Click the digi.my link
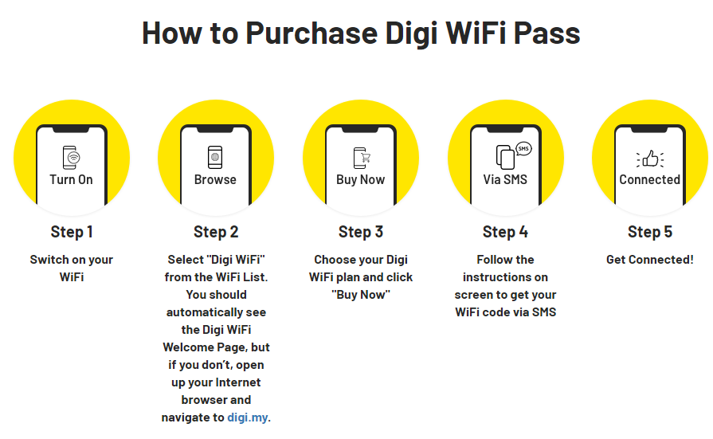[248, 417]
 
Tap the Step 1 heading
[72, 232]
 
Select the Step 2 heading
[216, 232]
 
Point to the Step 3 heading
[361, 232]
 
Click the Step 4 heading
[505, 232]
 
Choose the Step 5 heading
[650, 232]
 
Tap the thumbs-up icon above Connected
[650, 159]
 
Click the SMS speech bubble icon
[523, 149]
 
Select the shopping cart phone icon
[362, 158]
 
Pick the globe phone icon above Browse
[215, 158]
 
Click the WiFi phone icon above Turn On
[72, 158]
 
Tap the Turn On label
[72, 180]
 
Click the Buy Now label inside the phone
[361, 180]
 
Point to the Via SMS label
[505, 180]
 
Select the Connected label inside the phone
[650, 180]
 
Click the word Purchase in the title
[311, 33]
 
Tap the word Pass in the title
[547, 33]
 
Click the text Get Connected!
[650, 260]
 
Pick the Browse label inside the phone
[215, 180]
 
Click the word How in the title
[172, 33]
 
